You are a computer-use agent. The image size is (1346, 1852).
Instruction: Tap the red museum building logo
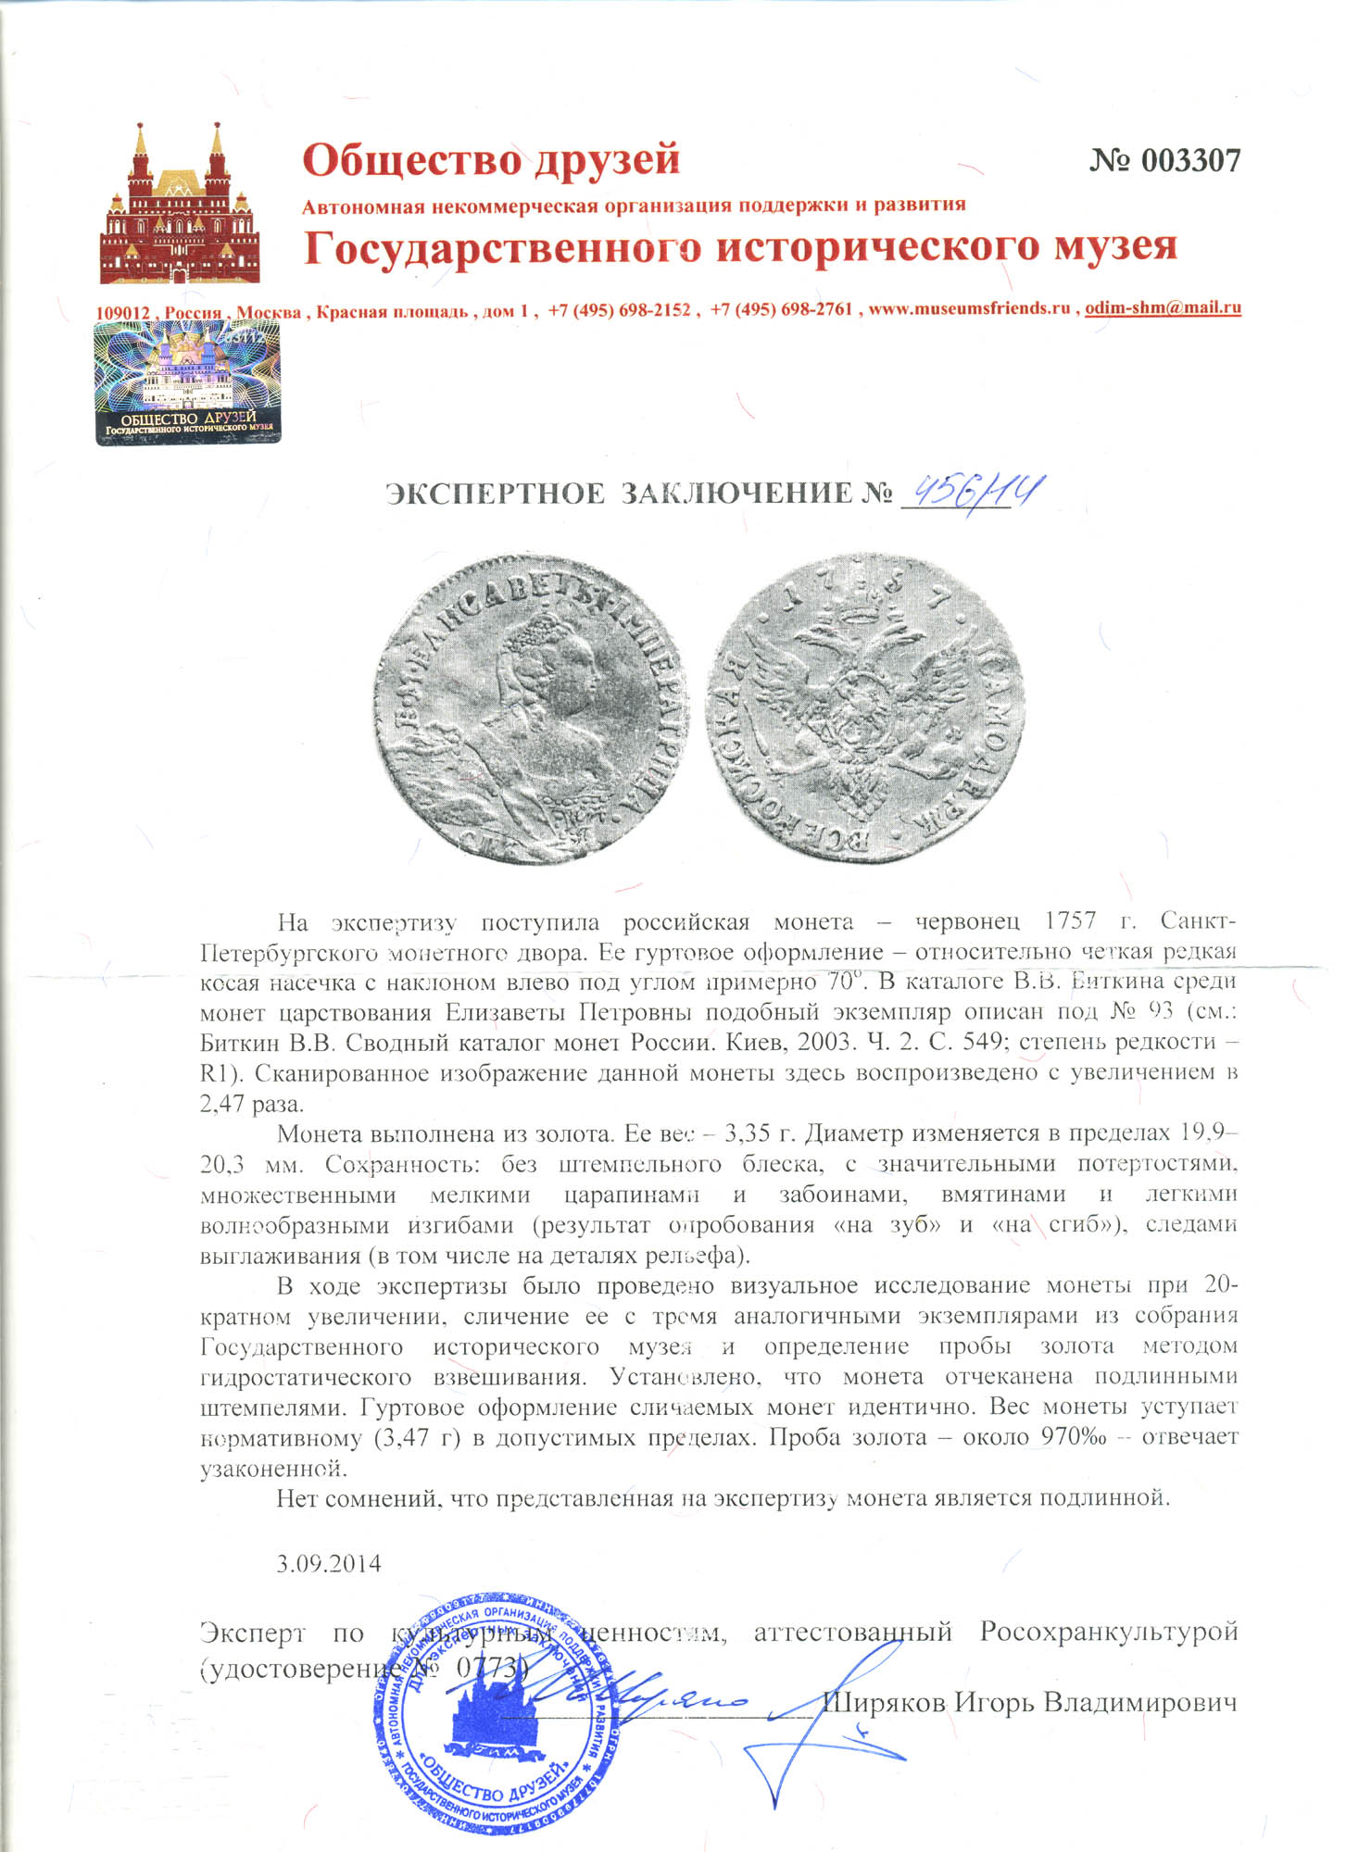pyautogui.click(x=180, y=206)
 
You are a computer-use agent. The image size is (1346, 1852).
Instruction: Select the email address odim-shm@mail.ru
pyautogui.click(x=1163, y=308)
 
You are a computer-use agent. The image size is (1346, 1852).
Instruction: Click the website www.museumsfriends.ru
pyautogui.click(x=969, y=309)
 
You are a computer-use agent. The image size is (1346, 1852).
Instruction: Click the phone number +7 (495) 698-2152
pyautogui.click(x=619, y=310)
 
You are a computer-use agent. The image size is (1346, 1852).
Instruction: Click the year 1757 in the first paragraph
pyautogui.click(x=1070, y=921)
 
